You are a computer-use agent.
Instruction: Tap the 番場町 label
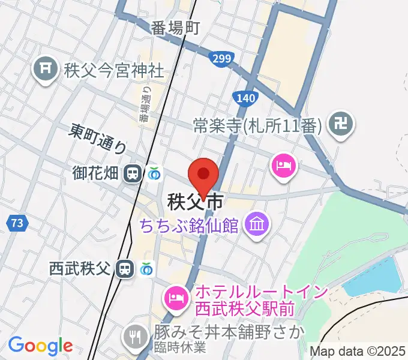(175, 28)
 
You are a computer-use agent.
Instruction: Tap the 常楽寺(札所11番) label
(259, 125)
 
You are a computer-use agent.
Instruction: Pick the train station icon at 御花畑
(131, 174)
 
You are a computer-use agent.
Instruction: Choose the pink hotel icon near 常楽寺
(284, 166)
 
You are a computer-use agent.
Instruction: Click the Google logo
(40, 346)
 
